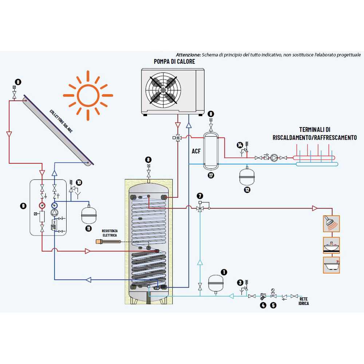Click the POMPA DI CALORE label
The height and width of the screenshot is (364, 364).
point(174,62)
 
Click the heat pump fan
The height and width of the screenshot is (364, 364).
point(163,89)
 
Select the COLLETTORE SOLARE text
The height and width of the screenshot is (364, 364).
point(61,122)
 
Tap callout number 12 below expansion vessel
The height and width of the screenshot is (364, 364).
point(248,190)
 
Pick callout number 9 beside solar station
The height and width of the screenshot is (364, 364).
point(24,206)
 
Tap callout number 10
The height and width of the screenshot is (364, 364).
point(79,182)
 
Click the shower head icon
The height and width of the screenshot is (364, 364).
point(331,223)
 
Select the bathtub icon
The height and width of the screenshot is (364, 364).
point(331,265)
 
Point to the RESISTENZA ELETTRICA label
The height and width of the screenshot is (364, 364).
point(110,233)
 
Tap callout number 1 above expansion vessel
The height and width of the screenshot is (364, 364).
point(224,272)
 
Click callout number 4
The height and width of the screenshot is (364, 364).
point(263,305)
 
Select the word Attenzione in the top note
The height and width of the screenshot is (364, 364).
point(188,55)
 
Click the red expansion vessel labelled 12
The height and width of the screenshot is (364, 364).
point(247,175)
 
